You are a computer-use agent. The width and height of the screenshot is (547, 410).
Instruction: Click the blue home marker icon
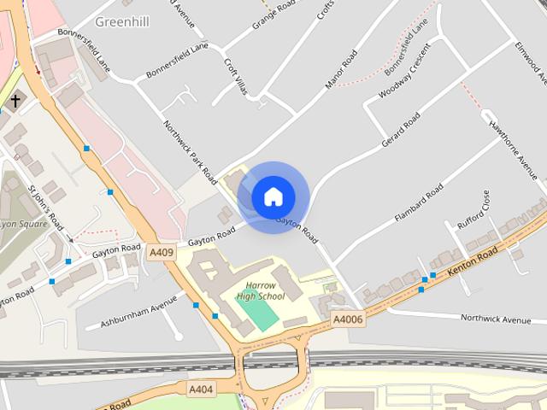[x=273, y=197]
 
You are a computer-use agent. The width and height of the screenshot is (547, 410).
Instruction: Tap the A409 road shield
[x=162, y=252]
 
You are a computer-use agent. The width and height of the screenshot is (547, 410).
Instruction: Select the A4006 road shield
[x=348, y=319]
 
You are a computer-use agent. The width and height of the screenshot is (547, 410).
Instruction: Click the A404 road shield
[x=202, y=389]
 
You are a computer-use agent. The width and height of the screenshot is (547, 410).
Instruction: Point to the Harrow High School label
[x=260, y=290]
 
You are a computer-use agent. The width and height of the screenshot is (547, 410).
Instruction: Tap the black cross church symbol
[x=15, y=102]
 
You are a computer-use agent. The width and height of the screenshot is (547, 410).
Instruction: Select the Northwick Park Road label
[x=190, y=152]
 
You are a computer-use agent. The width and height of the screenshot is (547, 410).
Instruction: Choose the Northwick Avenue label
[x=496, y=319]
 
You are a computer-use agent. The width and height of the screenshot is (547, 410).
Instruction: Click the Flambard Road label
[x=419, y=201]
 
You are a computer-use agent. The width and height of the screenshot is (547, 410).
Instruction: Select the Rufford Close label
[x=473, y=210]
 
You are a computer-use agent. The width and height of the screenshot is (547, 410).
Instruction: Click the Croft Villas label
[x=235, y=76]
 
